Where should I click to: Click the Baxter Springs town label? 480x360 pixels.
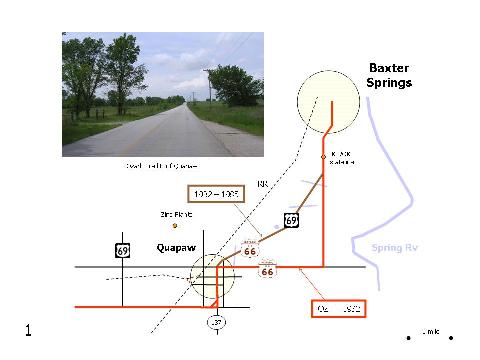tap(389, 75)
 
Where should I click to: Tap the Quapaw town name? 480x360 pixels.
tap(176, 247)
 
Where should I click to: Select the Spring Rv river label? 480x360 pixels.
tap(394, 247)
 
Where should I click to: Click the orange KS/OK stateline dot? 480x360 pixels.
tap(323, 157)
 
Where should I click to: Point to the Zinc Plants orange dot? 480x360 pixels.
tap(175, 226)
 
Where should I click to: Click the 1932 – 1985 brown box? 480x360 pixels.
tap(216, 194)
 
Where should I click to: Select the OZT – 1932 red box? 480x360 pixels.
tap(339, 309)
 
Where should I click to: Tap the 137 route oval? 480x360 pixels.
tap(216, 322)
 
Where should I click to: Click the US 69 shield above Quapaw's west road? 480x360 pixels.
tap(123, 251)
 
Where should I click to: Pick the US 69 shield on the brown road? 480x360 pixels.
tap(291, 220)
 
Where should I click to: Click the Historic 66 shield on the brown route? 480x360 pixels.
tap(250, 248)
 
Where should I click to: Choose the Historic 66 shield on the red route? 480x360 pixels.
tap(267, 269)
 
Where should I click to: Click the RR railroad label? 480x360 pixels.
tap(262, 184)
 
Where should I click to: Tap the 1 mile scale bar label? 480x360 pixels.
tap(431, 332)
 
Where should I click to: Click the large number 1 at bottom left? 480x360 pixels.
tap(28, 330)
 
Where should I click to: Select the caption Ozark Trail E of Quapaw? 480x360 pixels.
tap(162, 166)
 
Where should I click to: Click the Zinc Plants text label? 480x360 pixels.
tap(177, 214)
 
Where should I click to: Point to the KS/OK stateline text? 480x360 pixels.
tap(342, 158)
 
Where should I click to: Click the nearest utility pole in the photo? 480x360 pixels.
tap(210, 89)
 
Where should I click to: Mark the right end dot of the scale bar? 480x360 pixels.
tap(451, 338)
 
